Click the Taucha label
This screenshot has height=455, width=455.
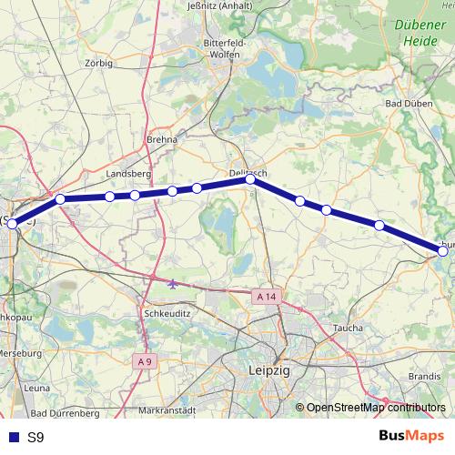pos(348,328)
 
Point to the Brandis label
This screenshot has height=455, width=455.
pos(424,374)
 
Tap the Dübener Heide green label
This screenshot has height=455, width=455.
pos(418,34)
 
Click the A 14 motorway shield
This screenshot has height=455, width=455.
pos(265,297)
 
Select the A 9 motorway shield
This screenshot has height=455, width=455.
pos(143,361)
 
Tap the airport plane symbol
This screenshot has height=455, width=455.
pos(173,282)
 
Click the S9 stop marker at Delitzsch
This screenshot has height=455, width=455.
pos(250,180)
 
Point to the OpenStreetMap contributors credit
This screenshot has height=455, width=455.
pos(376,408)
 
